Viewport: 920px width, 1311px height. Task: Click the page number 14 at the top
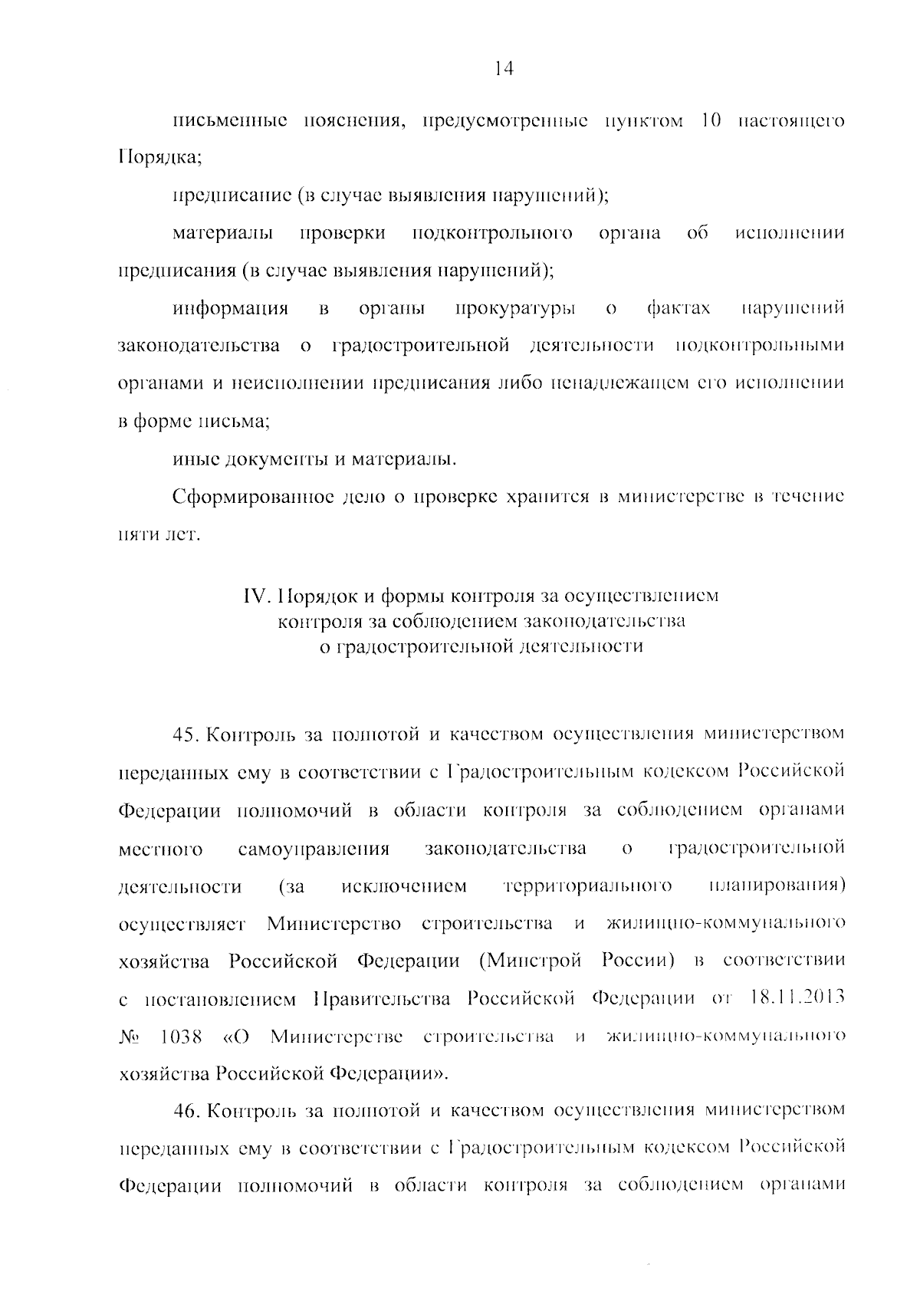pyautogui.click(x=503, y=69)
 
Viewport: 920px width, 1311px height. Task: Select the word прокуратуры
pyautogui.click(x=515, y=309)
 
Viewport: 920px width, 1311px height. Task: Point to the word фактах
pyautogui.click(x=678, y=309)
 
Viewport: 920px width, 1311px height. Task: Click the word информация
pyautogui.click(x=230, y=309)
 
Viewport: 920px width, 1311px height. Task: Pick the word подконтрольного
pyautogui.click(x=491, y=234)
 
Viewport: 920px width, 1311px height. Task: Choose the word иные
pyautogui.click(x=193, y=460)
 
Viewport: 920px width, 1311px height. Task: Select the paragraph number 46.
pyautogui.click(x=186, y=1110)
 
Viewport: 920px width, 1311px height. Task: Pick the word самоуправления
pyautogui.click(x=314, y=849)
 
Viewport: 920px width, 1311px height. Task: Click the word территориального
pyautogui.click(x=588, y=886)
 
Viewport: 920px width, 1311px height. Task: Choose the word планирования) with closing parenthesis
pyautogui.click(x=776, y=886)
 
